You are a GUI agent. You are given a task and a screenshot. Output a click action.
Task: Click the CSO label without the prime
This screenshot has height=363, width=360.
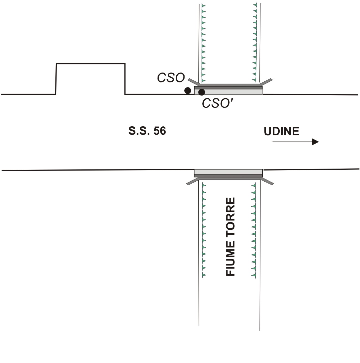tap(171, 77)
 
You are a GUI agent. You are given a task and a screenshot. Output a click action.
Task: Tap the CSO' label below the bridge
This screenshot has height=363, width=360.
tap(218, 103)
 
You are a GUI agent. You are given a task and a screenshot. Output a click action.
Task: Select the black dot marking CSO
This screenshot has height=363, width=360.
tap(188, 91)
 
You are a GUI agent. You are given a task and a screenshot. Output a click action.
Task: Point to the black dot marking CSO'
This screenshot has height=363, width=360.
tap(201, 92)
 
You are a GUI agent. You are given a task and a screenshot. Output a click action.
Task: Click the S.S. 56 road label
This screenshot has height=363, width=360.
tap(147, 131)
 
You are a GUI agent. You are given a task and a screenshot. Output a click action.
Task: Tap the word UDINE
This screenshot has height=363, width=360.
tap(281, 131)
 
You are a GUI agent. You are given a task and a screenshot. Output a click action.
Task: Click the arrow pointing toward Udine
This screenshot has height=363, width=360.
tap(295, 142)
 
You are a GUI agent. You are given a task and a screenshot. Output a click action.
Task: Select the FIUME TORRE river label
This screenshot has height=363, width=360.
tap(230, 237)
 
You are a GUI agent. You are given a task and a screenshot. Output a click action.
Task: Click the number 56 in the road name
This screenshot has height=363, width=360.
tap(160, 131)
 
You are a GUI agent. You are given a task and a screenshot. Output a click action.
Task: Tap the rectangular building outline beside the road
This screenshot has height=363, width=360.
tap(90, 64)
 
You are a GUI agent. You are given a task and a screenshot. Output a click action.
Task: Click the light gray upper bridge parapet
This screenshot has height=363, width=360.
tap(228, 92)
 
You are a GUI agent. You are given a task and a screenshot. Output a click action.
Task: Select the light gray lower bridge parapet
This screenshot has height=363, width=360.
tap(228, 172)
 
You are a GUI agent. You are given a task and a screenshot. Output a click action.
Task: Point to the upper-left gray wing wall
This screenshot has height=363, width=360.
tap(193, 82)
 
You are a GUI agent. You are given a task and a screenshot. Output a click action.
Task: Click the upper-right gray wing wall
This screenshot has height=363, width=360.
tap(266, 82)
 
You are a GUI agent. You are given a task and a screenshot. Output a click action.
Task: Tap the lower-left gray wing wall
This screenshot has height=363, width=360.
tap(192, 182)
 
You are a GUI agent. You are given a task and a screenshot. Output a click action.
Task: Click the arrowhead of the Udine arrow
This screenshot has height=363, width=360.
tap(315, 142)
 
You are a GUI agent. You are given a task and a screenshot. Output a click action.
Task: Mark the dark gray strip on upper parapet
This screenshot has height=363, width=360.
tap(228, 88)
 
